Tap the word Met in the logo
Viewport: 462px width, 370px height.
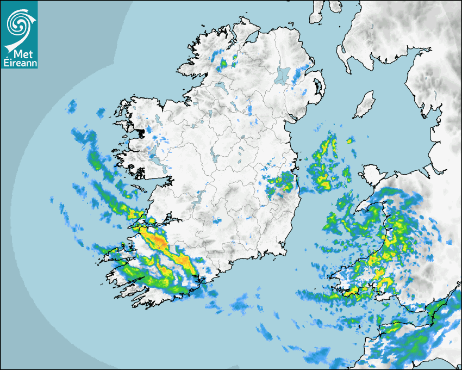(18, 54)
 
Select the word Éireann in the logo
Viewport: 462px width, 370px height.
(19, 63)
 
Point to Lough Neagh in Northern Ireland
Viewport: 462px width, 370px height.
(283, 75)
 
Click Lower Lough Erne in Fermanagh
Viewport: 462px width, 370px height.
(220, 87)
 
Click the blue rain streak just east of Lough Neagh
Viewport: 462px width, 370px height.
(298, 77)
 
